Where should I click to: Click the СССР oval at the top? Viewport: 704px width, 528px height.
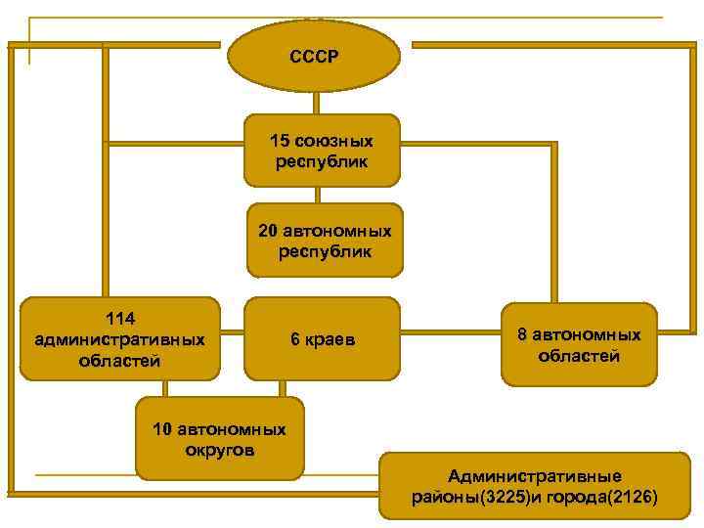pyautogui.click(x=314, y=56)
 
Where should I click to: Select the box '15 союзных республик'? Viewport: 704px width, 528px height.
pyautogui.click(x=322, y=151)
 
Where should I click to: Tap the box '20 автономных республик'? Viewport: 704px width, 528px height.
pyautogui.click(x=325, y=240)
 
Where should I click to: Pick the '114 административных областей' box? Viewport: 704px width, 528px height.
pyautogui.click(x=119, y=338)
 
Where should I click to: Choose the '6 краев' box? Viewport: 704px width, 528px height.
pyautogui.click(x=322, y=339)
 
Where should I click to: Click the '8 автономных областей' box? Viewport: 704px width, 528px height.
pyautogui.click(x=579, y=345)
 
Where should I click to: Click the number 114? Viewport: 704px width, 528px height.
pyautogui.click(x=119, y=319)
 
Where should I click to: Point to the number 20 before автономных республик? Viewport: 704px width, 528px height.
pyautogui.click(x=268, y=231)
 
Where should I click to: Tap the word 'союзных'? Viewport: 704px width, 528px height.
pyautogui.click(x=333, y=142)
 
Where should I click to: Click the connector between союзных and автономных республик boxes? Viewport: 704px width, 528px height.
pyautogui.click(x=319, y=195)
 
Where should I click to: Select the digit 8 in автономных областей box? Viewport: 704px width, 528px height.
pyautogui.click(x=522, y=335)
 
